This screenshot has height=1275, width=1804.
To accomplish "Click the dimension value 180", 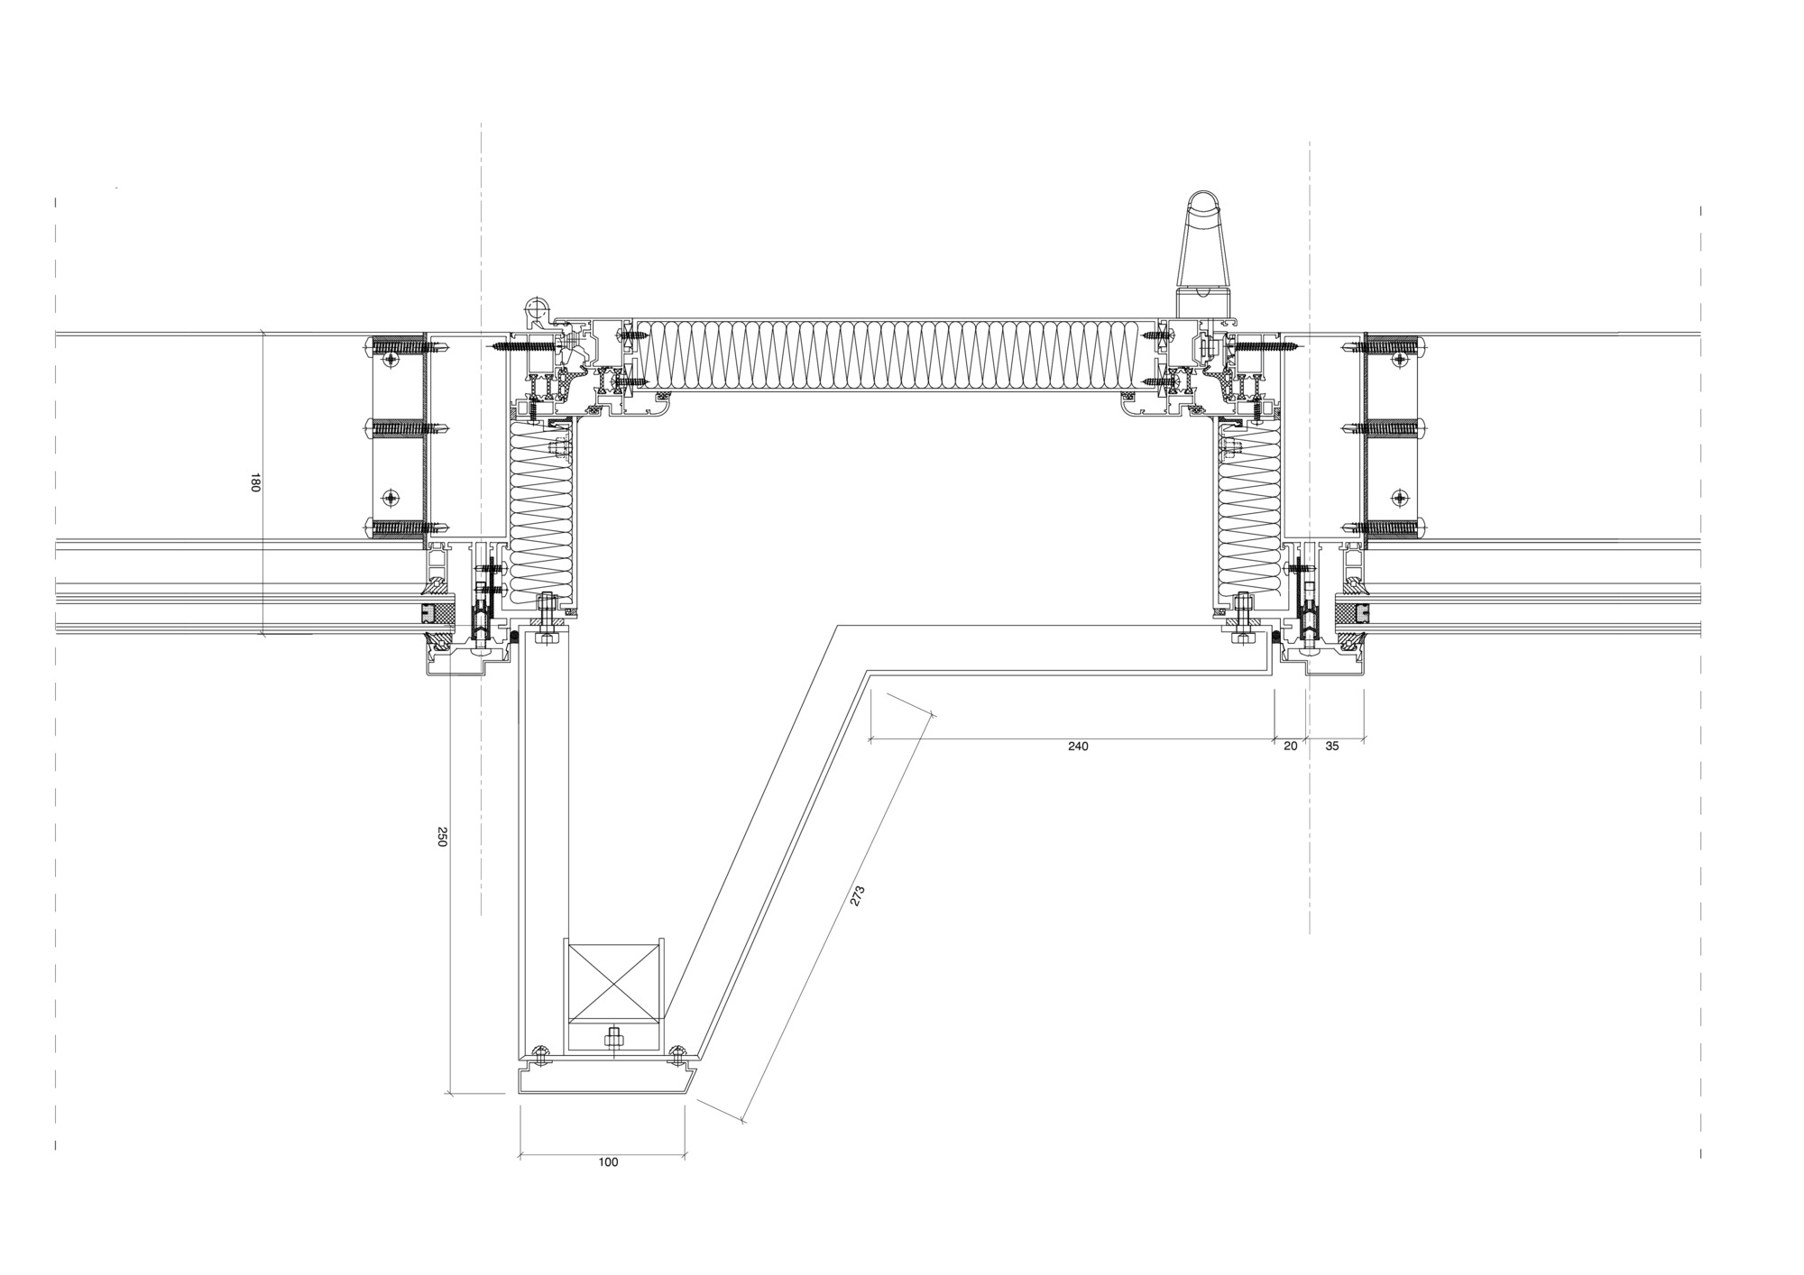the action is coord(254,483).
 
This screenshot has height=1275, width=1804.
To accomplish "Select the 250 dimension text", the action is coord(442,837).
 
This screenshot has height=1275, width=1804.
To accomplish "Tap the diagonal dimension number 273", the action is coord(857,895).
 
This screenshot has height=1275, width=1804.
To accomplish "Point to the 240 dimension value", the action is coord(1078,746).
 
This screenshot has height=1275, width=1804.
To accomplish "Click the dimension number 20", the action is coord(1291,746).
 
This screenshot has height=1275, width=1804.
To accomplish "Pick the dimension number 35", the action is coord(1332,746).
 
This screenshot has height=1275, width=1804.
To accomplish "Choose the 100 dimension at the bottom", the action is coord(608,1162).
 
